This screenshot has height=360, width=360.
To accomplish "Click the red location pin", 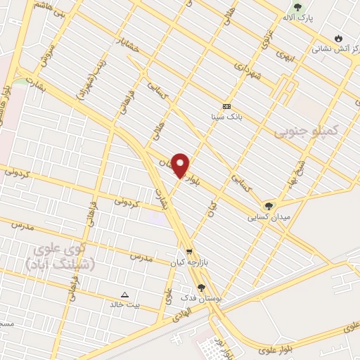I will (x=180, y=164).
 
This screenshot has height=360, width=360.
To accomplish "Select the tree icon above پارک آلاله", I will (x=297, y=6).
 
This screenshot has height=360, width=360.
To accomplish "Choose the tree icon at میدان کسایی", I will (x=268, y=206).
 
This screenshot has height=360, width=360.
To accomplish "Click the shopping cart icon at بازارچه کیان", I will (x=188, y=252).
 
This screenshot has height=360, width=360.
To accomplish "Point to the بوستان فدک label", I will (x=202, y=298).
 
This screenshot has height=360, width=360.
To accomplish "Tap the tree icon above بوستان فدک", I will (x=202, y=288).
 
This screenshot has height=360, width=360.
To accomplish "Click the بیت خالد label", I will (x=124, y=304).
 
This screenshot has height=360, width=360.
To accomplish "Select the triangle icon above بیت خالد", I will (x=125, y=295).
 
